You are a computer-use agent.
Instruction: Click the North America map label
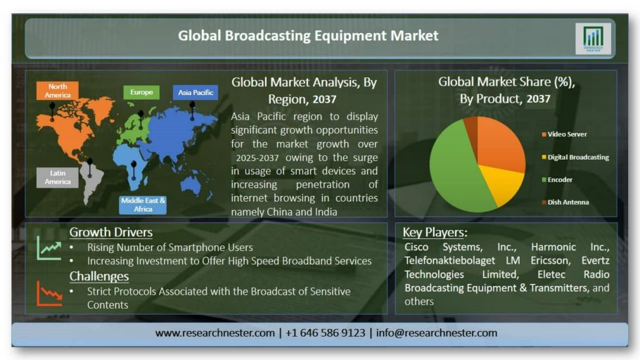point(57,91)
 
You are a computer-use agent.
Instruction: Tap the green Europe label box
point(141,92)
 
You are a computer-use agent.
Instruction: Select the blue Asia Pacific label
point(196,93)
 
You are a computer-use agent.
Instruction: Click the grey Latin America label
point(58,178)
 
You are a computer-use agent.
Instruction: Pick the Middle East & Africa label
point(143,205)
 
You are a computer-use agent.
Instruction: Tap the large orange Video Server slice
point(501,143)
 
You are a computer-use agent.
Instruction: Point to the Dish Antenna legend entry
point(565,202)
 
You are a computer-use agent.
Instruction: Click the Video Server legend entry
point(564,134)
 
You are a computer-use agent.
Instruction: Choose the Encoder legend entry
point(557,179)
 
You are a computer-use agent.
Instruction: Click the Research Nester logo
point(593,39)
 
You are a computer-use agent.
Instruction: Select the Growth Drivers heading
point(110,232)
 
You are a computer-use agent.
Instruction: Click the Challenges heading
point(98,276)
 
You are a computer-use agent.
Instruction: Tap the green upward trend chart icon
point(49,248)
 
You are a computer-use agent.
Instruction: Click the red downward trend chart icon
point(49,293)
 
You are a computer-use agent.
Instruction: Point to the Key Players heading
point(435,232)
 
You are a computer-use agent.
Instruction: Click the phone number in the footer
point(326,333)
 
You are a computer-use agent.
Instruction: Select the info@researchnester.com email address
point(436,333)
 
